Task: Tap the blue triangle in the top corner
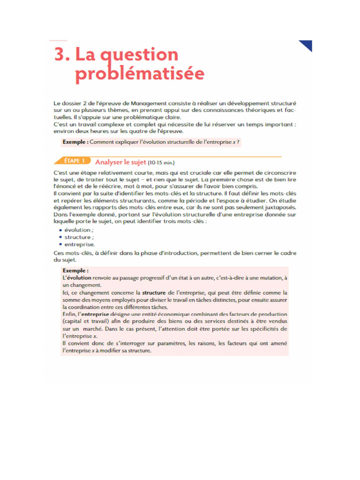307,45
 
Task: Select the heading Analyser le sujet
120,162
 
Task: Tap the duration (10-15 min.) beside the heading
161,163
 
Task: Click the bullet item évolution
79,230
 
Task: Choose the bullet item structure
78,237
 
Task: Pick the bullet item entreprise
80,244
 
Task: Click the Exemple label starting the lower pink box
75,270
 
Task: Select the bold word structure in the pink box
153,292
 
